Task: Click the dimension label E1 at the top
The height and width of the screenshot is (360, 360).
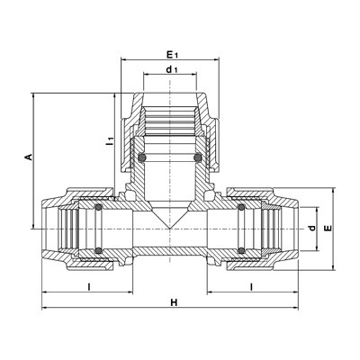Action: [x=172, y=55]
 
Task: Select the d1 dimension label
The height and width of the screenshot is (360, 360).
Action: [x=172, y=69]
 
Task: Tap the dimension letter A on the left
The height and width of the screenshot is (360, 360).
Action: [x=29, y=157]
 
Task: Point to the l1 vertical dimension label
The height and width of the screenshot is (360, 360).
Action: [x=111, y=141]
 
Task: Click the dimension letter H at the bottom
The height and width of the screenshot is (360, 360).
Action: [x=174, y=302]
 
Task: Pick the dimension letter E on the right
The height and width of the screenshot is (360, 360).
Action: [x=329, y=228]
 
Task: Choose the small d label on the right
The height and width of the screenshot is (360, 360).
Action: [x=312, y=228]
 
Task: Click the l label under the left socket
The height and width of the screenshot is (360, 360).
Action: [x=89, y=287]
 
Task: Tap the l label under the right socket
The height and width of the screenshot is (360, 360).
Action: [x=252, y=287]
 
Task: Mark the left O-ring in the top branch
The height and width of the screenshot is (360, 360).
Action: [x=142, y=157]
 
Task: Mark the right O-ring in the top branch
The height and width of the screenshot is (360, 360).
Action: [x=197, y=157]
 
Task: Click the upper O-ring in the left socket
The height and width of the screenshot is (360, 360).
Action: [x=98, y=207]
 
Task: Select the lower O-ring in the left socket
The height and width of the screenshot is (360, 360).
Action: [x=98, y=250]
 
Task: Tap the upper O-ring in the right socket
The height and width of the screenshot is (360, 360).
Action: [x=241, y=207]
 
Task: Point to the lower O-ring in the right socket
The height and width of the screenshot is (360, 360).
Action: [x=241, y=250]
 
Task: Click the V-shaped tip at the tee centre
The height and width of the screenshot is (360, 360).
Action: [x=169, y=229]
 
